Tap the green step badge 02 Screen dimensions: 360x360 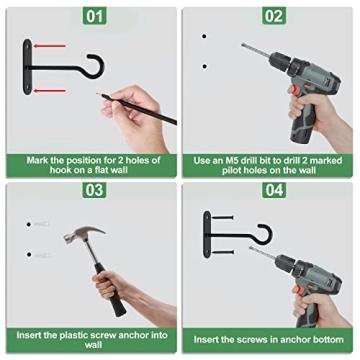pyautogui.click(x=272, y=17)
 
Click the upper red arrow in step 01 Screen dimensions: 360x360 pyautogui.click(x=52, y=45)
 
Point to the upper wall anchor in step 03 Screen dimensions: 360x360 pyautogui.click(x=37, y=225)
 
